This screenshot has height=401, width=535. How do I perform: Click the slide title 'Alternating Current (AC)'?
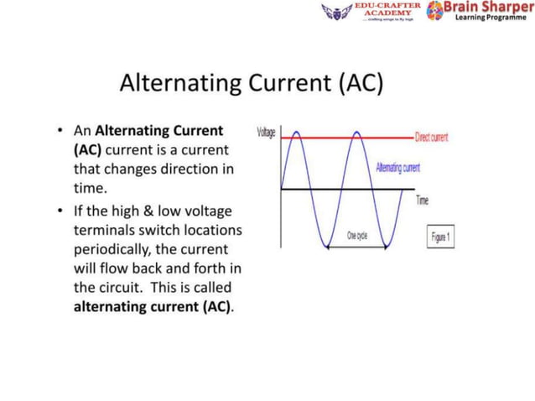click(x=251, y=84)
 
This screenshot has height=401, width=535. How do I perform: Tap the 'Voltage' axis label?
click(x=267, y=133)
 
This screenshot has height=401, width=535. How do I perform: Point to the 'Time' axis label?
click(x=423, y=200)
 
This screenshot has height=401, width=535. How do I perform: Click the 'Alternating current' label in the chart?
click(x=398, y=169)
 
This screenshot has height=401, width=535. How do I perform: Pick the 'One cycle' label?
click(x=357, y=236)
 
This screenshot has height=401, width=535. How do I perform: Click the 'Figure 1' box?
click(x=441, y=237)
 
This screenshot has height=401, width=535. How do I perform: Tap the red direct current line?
click(x=386, y=137)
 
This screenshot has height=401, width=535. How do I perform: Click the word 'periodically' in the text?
click(x=110, y=249)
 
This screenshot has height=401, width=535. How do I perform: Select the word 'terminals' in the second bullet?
click(x=104, y=230)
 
